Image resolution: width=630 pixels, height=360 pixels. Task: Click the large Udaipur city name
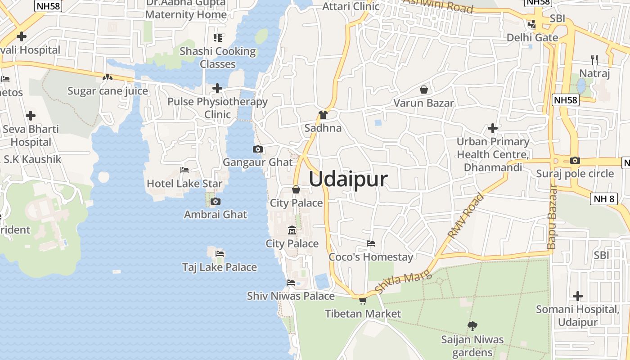[x=348, y=179]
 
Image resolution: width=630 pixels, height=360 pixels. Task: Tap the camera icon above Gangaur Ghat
[x=258, y=149]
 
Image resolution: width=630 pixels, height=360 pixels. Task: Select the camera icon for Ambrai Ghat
[x=216, y=201]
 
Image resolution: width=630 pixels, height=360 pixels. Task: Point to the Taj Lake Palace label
[x=220, y=267]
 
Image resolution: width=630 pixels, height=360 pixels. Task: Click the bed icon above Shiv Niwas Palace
[x=291, y=283]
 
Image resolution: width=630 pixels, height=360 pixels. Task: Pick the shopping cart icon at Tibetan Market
[x=363, y=301]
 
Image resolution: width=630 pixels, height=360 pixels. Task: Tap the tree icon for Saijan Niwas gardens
[x=472, y=326]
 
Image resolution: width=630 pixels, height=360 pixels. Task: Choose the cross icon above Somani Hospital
[x=578, y=296]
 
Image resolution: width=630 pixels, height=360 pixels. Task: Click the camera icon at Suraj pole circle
[x=575, y=161]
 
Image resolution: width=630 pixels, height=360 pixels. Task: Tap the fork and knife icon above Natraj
[x=594, y=59]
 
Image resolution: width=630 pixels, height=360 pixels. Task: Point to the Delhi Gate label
[x=532, y=37]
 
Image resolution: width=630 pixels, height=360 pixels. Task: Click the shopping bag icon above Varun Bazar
[x=423, y=90]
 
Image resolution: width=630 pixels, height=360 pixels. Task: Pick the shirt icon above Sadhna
[x=323, y=115]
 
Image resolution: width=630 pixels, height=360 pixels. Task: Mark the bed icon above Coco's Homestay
[x=371, y=243]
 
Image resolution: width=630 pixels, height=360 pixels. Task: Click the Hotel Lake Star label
[x=184, y=184]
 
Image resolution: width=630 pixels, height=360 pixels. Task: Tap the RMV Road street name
[x=466, y=216]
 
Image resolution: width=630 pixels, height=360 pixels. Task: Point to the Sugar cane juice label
[x=108, y=91]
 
